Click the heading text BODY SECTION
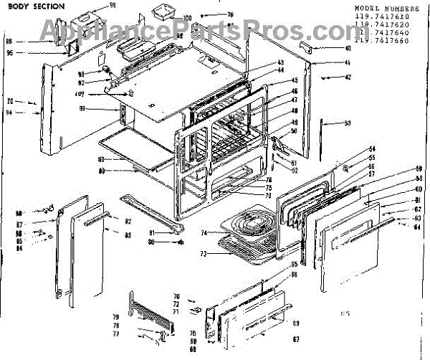(37, 6)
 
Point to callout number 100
(188, 18)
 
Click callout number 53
(348, 123)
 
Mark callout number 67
(295, 338)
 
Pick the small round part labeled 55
(345, 169)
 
